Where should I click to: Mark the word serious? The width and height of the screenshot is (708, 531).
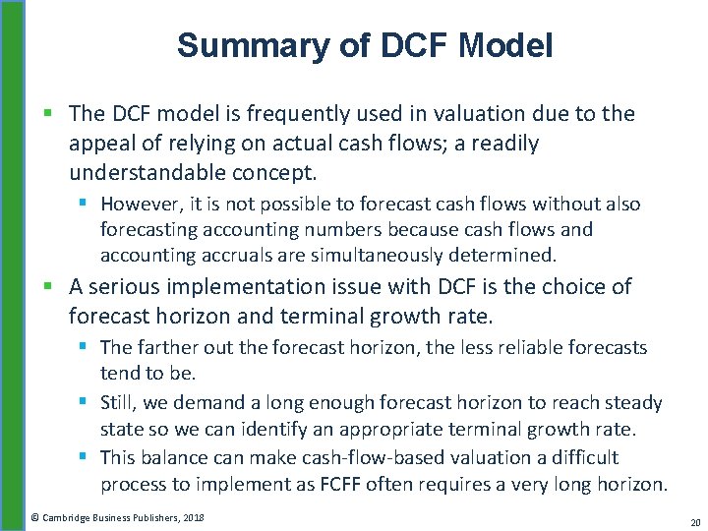click(122, 287)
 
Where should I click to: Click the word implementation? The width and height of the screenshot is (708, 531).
click(241, 287)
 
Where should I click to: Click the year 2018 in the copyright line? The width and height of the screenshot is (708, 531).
click(193, 517)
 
